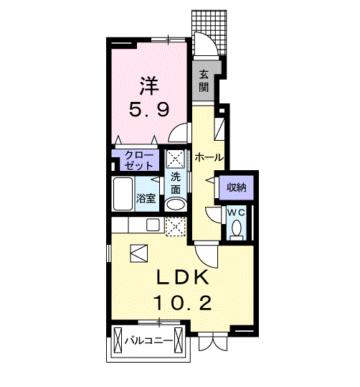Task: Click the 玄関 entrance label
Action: [x=204, y=80]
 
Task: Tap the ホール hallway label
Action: [x=209, y=157]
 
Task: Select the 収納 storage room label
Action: [x=237, y=188]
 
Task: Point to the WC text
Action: [x=236, y=213]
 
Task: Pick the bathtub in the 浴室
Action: [x=123, y=194]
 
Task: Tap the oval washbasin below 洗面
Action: [x=176, y=205]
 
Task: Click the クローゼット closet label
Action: [x=139, y=160]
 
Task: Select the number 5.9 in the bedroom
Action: [x=149, y=110]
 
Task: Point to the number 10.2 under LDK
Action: [x=183, y=303]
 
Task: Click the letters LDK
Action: [x=183, y=277]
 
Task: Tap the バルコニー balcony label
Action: [x=148, y=341]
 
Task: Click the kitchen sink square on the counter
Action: [x=153, y=225]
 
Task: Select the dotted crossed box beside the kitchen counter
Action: [x=175, y=227]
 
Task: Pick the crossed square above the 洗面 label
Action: [x=175, y=158]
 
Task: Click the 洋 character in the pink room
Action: [x=148, y=85]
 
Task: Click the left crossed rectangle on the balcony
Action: [x=118, y=341]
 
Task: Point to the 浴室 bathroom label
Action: [x=146, y=199]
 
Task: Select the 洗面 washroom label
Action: [x=176, y=183]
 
